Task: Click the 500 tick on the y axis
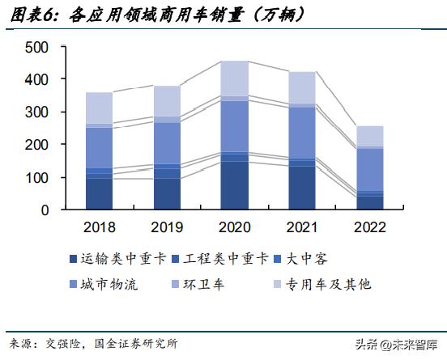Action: click(x=37, y=48)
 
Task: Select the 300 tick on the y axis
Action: click(x=37, y=112)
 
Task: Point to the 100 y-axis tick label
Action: click(x=37, y=177)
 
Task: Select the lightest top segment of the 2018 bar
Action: click(x=99, y=108)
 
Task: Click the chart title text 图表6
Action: click(x=29, y=13)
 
